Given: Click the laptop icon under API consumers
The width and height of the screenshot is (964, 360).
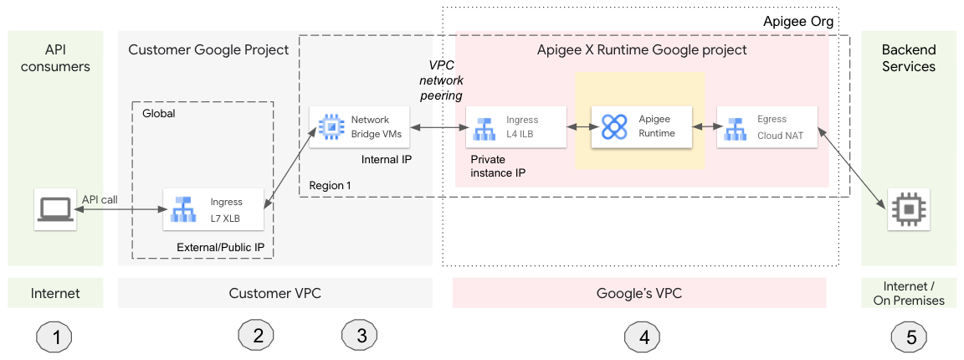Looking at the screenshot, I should coord(55,208).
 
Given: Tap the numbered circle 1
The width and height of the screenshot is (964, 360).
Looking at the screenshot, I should coord(55,337).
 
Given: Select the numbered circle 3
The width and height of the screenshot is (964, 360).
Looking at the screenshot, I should coord(361,337).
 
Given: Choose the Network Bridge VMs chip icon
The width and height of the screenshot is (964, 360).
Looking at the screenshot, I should coord(330,127).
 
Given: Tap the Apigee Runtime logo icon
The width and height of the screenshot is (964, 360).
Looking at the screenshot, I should coord(614,126).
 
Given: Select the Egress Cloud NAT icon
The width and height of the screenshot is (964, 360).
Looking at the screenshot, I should coord(737,127).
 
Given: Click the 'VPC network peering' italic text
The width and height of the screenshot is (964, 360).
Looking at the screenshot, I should coord(441,81).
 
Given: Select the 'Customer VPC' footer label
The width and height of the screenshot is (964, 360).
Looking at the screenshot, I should coord(274,293).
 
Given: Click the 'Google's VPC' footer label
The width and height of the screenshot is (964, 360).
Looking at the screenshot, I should coord(639,293).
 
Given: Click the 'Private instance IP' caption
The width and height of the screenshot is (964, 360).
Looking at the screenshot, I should coord(498,166).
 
